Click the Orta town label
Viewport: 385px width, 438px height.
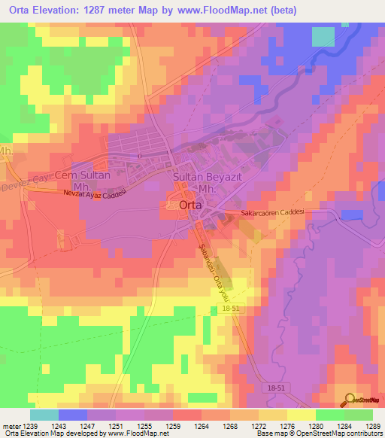point(183,205)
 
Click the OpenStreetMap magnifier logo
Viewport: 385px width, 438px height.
point(350,400)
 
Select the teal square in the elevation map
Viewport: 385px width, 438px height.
point(323,36)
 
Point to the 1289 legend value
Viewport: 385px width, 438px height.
point(373,425)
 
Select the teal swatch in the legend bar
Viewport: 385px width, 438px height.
point(44,415)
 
